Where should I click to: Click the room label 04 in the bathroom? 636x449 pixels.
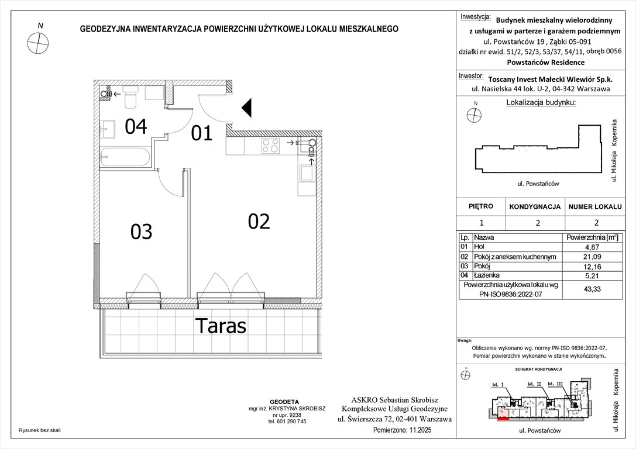[135, 126]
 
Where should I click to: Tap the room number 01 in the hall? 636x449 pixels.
[202, 133]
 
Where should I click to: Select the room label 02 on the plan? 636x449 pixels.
[259, 221]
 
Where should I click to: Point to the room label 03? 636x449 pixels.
[142, 232]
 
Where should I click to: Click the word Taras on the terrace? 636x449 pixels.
[221, 326]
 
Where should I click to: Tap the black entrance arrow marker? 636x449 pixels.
[247, 108]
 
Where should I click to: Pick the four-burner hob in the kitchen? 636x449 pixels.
[270, 145]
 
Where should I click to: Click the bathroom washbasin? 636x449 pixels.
[108, 129]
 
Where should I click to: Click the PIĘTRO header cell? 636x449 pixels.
[480, 206]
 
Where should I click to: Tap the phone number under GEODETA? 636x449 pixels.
[287, 421]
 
